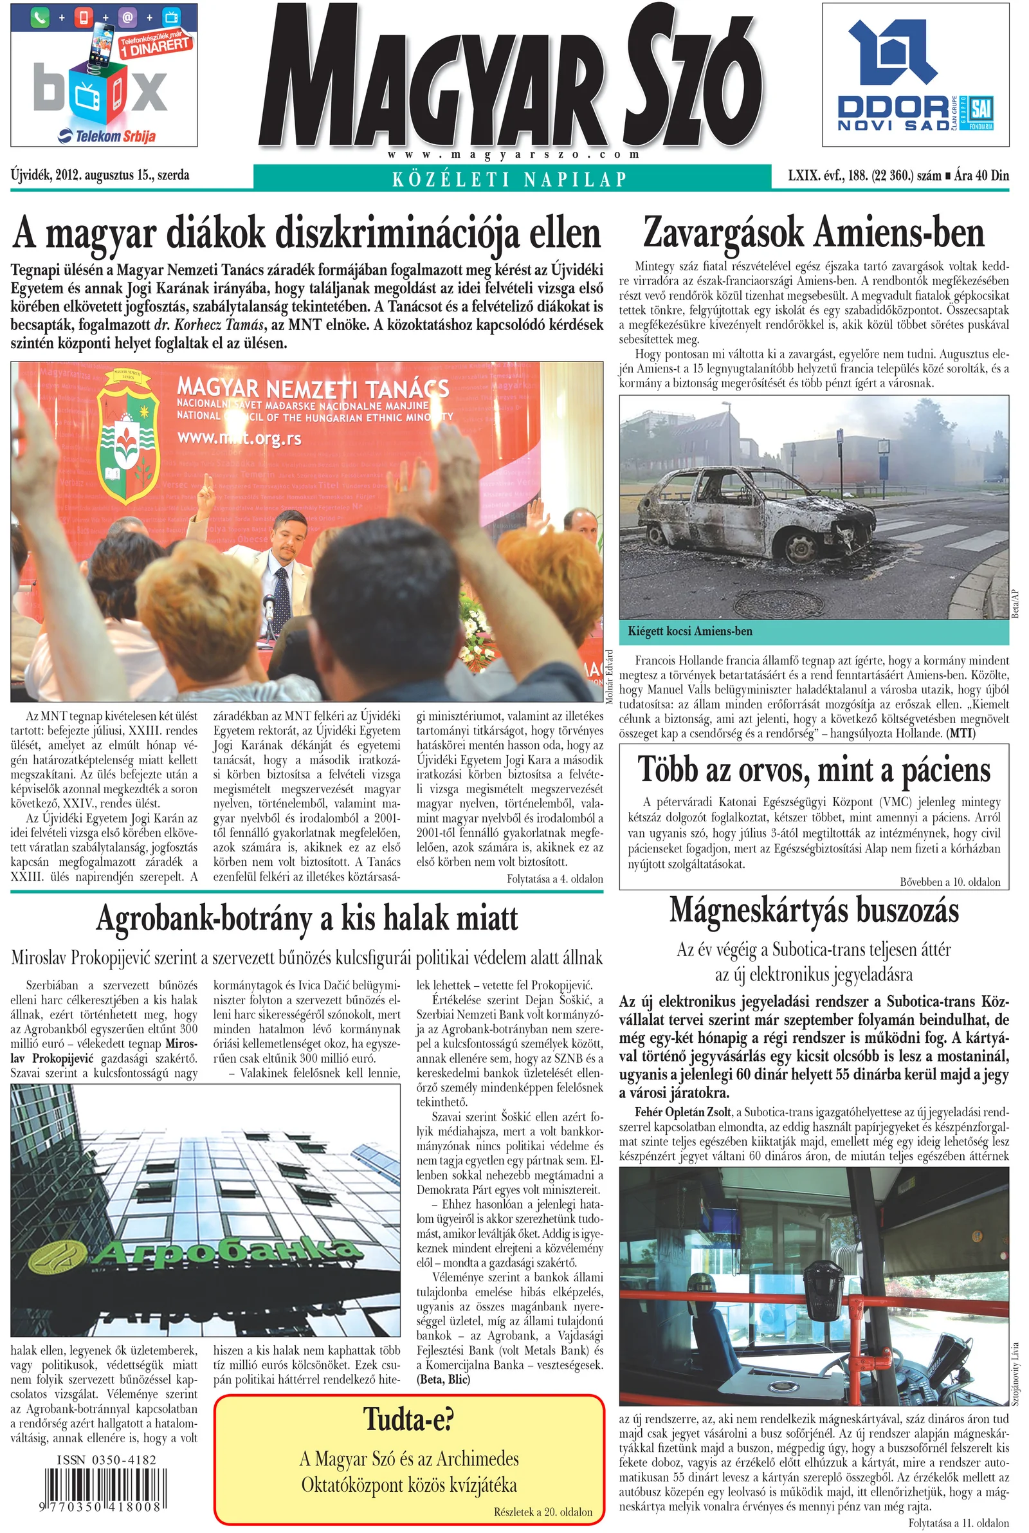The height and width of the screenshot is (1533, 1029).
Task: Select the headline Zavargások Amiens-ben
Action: point(814,233)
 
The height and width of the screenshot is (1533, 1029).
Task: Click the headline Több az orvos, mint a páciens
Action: point(814,771)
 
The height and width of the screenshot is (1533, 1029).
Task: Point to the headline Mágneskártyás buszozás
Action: point(814,911)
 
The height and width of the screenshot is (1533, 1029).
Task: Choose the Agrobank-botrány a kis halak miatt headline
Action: point(307,918)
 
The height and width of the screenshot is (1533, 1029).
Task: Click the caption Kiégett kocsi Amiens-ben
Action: point(690,631)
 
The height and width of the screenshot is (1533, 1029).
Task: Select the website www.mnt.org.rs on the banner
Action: point(239,437)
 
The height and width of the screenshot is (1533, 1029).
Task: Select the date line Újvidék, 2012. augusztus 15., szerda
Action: point(100,175)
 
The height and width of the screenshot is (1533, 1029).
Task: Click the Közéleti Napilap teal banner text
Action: point(511,178)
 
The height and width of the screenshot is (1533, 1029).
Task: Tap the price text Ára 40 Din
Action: point(982,175)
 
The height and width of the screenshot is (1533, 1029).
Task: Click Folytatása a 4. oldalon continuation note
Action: point(554,878)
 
